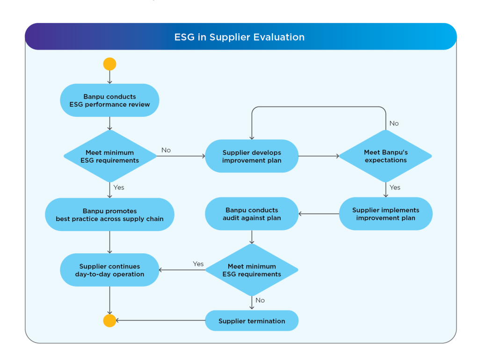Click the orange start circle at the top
coord(109,64)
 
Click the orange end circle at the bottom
coord(109,321)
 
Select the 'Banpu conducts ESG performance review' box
coord(109,101)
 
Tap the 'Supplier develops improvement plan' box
coord(252,156)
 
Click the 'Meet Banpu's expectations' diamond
coord(385,156)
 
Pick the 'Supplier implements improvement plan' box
coord(385,214)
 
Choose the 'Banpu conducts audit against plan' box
coord(252,214)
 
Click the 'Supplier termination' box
coord(252,321)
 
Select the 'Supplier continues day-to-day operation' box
coord(109,270)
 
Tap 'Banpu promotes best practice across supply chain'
coord(109,215)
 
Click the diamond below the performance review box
coord(109,156)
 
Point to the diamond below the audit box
coord(252,270)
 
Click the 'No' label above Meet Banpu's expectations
coord(394,123)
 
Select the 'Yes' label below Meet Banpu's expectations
coord(395,187)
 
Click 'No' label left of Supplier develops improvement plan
coord(166,150)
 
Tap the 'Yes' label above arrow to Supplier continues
coord(198,264)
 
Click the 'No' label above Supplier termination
coord(260,300)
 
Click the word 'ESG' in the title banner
coord(184,37)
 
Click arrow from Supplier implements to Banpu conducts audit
coord(319,214)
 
